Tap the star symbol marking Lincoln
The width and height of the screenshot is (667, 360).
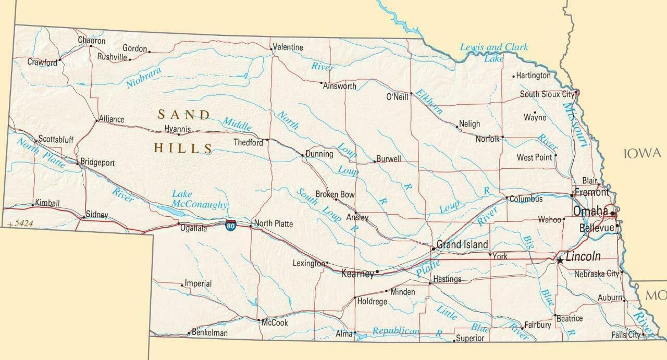[x=560, y=259]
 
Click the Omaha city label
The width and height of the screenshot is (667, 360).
[x=590, y=211]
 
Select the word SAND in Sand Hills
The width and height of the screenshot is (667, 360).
[x=184, y=115]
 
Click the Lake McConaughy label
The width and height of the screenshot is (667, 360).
[x=200, y=200]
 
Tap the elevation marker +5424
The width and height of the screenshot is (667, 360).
[x=21, y=224]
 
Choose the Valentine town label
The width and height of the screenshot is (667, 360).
[x=288, y=47]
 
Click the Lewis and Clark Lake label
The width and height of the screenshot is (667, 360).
[x=493, y=52]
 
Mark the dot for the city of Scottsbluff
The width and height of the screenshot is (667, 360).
[x=35, y=141]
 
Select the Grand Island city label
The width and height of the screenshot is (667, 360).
[x=462, y=244]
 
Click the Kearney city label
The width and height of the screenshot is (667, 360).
[x=357, y=274]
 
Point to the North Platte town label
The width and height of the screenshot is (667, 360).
[x=273, y=224]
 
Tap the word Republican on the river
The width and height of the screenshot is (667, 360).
[x=396, y=331]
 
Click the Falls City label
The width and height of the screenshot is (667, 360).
[x=626, y=335]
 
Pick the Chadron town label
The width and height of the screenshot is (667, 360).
[x=92, y=41]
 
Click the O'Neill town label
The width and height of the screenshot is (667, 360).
[x=397, y=97]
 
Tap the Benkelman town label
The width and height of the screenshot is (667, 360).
[x=209, y=332]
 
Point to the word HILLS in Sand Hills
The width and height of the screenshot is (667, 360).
[x=183, y=148]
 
